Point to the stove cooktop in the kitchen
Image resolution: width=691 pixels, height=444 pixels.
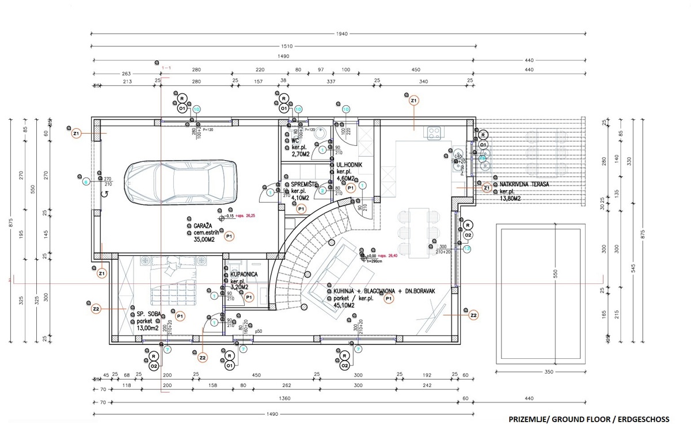[x=433, y=132]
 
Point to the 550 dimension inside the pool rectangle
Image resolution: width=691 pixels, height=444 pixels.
[x=556, y=275]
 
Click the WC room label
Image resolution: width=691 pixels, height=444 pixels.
[x=295, y=140]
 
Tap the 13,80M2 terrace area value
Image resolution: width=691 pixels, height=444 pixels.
[x=510, y=198]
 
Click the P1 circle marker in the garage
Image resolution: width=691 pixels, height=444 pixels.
[x=229, y=237]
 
